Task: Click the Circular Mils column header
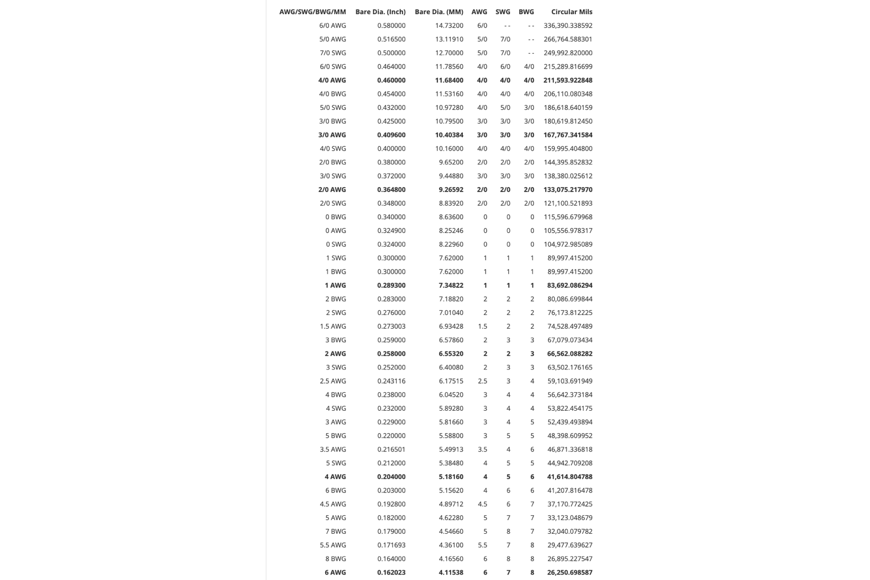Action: point(571,12)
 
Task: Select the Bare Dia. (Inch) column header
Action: point(380,12)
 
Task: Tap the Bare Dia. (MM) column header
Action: point(439,12)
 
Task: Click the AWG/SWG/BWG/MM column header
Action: point(312,12)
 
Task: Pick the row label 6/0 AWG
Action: point(332,26)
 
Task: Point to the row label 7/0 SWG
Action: point(332,53)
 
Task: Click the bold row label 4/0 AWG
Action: point(332,80)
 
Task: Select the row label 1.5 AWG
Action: point(333,326)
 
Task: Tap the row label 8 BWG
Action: point(335,559)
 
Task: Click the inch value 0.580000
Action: point(391,26)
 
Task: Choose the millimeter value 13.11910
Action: point(449,39)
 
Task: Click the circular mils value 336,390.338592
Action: point(568,26)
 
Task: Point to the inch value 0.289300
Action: point(391,285)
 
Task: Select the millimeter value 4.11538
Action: point(451,572)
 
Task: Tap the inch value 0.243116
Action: point(391,381)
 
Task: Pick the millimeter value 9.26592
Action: point(451,189)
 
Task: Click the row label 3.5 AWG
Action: point(333,449)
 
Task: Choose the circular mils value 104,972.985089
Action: point(568,244)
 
